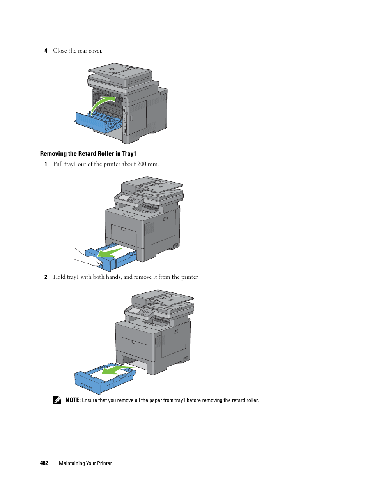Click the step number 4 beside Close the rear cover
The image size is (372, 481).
tap(46, 51)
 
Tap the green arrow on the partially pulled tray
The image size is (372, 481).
tap(111, 252)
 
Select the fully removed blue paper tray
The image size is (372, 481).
tap(105, 378)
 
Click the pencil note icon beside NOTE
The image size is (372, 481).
tap(57, 400)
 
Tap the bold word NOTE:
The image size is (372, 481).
tap(73, 400)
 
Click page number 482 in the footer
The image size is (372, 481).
tap(44, 463)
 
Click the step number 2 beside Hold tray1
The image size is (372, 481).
tap(46, 277)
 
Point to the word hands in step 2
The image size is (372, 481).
tap(113, 277)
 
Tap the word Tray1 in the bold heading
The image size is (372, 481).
tap(129, 153)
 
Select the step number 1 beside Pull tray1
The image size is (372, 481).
tap(46, 164)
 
